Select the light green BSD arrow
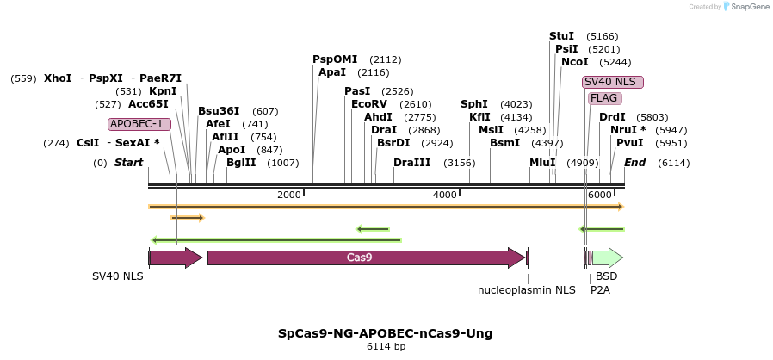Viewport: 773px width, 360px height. (x=607, y=258)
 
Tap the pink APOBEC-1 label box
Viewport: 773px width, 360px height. (x=139, y=124)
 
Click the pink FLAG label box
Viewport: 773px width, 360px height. (x=603, y=98)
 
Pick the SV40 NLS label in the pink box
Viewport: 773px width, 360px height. (x=612, y=82)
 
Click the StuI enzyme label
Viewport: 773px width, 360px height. (x=561, y=36)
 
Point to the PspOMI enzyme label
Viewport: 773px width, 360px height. (x=335, y=59)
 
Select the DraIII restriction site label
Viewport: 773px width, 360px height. (x=411, y=163)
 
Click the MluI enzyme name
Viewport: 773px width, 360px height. (x=542, y=163)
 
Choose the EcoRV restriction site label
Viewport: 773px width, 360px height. (x=368, y=104)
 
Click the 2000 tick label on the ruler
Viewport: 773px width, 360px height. (x=289, y=196)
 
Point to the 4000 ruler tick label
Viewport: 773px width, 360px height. (x=444, y=196)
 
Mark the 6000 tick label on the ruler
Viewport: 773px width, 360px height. (x=599, y=196)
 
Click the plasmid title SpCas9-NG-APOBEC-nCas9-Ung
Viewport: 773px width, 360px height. (x=385, y=333)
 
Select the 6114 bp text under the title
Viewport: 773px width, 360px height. (x=386, y=347)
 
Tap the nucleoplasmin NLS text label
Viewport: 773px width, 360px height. (x=527, y=290)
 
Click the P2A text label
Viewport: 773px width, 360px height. (x=600, y=290)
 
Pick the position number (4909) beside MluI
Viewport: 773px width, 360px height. (x=582, y=163)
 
